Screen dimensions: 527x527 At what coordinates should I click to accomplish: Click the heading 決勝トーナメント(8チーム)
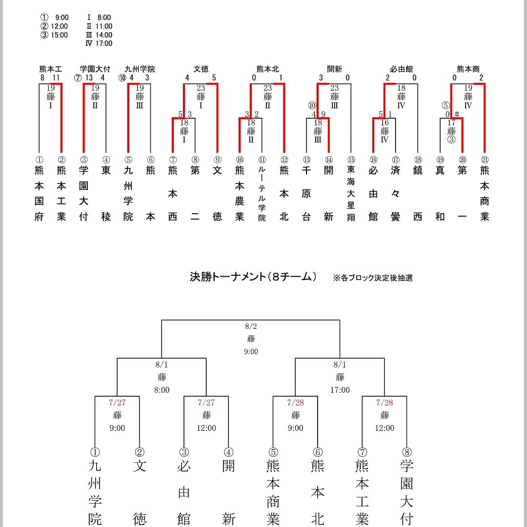click(253, 277)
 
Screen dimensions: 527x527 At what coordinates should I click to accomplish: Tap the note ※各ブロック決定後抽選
click(373, 278)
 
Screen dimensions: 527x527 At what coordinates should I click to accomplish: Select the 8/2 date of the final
click(251, 326)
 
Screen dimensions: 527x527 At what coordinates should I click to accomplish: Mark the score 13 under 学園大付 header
click(89, 78)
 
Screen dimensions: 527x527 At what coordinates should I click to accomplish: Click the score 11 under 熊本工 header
click(56, 78)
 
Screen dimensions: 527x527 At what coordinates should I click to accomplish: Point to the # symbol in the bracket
click(457, 114)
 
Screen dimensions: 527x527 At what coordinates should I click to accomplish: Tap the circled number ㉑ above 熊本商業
click(485, 160)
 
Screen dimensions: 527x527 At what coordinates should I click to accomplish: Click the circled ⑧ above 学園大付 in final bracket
click(406, 452)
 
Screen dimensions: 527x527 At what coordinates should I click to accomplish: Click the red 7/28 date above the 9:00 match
click(295, 403)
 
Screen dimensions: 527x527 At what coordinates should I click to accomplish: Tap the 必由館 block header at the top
click(402, 69)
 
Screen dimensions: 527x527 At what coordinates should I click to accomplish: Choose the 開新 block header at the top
click(335, 69)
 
